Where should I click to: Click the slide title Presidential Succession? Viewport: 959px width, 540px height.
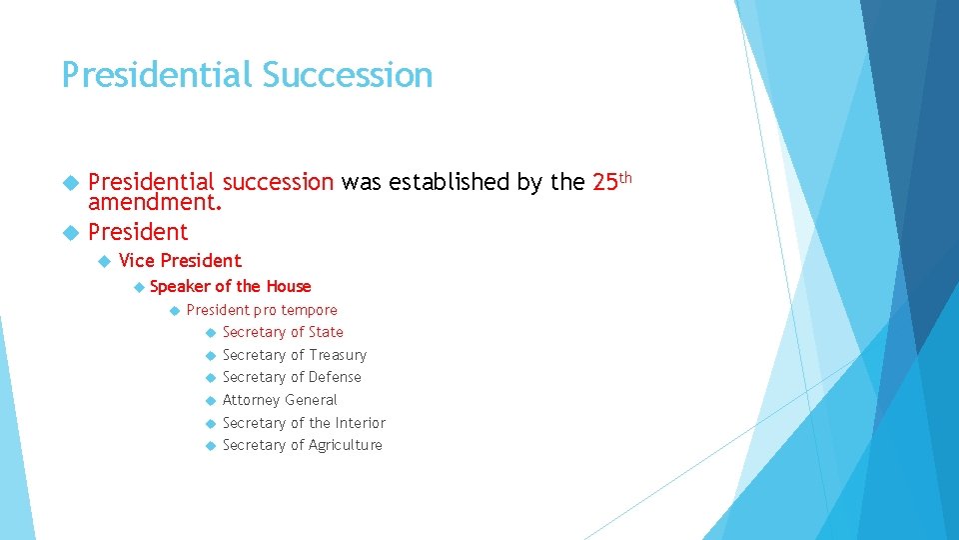click(x=247, y=76)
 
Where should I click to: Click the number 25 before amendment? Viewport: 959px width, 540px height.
click(x=605, y=183)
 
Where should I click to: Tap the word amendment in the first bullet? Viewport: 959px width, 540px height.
click(x=154, y=203)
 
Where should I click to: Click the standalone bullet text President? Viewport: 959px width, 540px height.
click(x=138, y=232)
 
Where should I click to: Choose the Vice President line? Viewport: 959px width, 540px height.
click(x=180, y=261)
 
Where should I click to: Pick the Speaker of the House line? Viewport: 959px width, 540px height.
click(x=230, y=286)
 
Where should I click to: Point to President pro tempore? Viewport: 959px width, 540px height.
click(x=262, y=310)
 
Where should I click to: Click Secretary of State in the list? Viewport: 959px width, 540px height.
click(x=283, y=332)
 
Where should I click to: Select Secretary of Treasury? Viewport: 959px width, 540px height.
click(x=295, y=355)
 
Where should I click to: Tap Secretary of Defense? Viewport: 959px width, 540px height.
click(x=292, y=377)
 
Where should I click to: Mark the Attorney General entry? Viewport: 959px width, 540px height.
click(x=280, y=400)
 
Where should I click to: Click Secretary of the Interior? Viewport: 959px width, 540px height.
click(x=304, y=423)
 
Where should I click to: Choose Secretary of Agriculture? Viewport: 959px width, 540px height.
click(x=303, y=445)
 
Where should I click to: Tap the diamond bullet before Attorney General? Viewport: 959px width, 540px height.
click(x=210, y=400)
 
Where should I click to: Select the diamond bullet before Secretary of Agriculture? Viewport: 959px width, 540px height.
click(x=210, y=445)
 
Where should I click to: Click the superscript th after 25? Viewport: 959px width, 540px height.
click(x=626, y=177)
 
